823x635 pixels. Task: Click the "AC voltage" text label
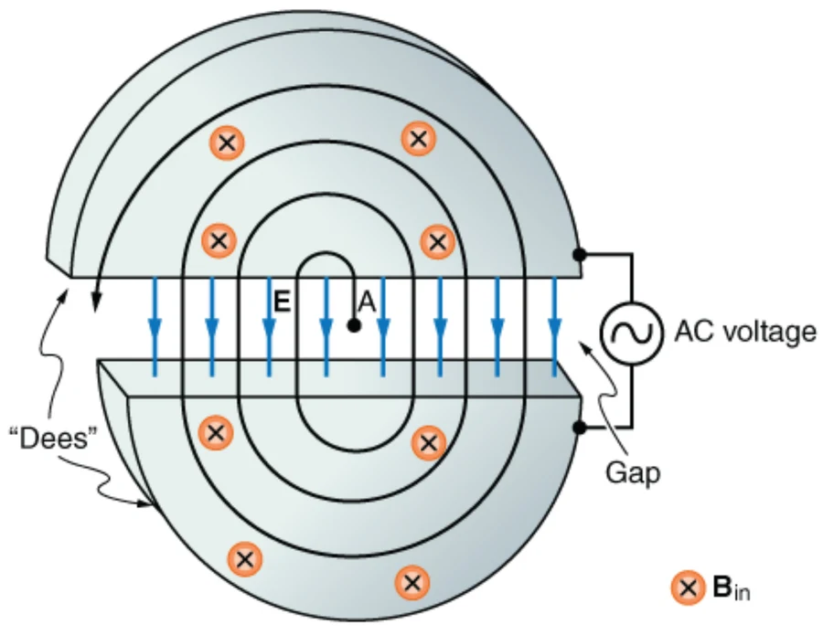click(x=745, y=333)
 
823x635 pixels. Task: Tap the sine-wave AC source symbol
click(x=631, y=333)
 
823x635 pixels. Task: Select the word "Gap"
click(x=633, y=472)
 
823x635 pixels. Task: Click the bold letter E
click(x=282, y=302)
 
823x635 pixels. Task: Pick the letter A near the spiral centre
click(x=367, y=302)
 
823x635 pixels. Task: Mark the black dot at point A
click(x=354, y=325)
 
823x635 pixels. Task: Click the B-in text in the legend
click(x=732, y=588)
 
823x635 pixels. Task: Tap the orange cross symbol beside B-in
click(x=688, y=587)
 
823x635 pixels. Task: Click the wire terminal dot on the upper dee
click(x=579, y=255)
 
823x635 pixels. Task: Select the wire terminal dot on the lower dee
click(x=579, y=428)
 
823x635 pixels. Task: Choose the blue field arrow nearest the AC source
click(x=555, y=327)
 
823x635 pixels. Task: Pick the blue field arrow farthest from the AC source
click(x=155, y=327)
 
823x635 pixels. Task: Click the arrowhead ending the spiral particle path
click(x=96, y=302)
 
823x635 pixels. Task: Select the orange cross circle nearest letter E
click(x=219, y=240)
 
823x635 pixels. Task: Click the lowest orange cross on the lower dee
click(x=412, y=583)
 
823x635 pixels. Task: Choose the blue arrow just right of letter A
click(x=383, y=327)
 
